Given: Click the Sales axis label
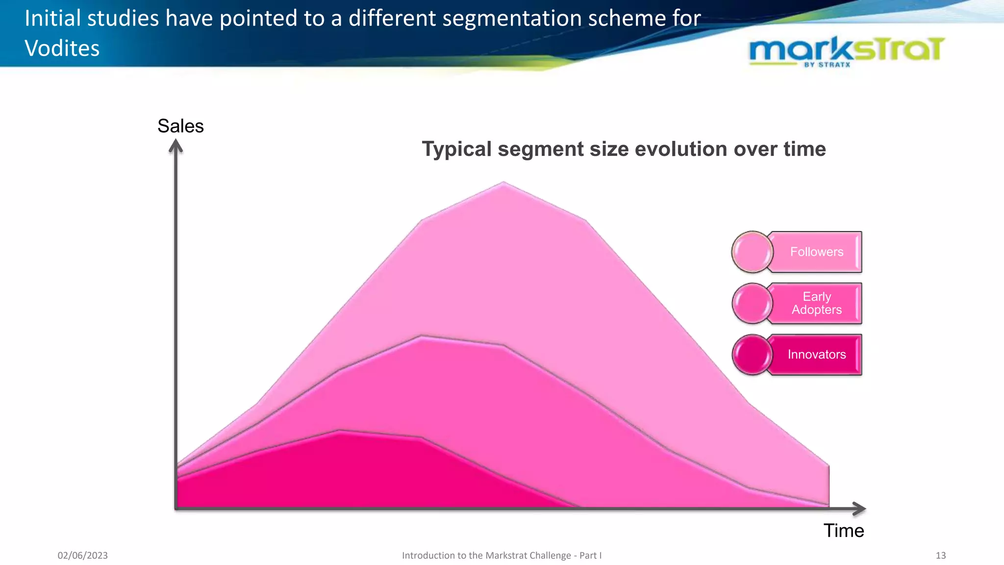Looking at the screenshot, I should [180, 126].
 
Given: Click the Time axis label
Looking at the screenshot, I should [843, 531].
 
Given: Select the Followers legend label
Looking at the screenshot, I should [816, 252].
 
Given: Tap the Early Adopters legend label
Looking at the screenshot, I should [816, 303].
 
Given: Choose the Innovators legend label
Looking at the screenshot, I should [816, 355].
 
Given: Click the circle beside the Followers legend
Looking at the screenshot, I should [752, 252].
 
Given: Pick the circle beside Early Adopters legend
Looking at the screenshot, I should [752, 304].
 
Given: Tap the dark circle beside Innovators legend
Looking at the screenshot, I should [752, 355].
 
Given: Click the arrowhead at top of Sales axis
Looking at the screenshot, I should [176, 146].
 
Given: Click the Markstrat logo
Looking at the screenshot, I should [847, 51].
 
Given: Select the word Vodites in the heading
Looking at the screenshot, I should [62, 48].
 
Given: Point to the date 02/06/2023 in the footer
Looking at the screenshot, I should [82, 555].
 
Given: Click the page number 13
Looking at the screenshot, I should [940, 555].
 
